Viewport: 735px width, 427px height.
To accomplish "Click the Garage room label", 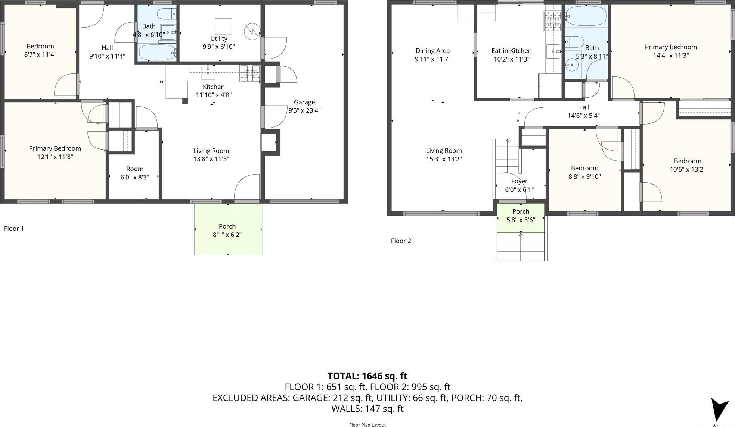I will [304, 102].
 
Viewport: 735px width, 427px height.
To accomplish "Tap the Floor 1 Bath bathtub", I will [157, 52].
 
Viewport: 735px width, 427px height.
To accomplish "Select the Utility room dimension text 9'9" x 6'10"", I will [218, 47].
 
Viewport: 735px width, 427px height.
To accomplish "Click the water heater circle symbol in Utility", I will [252, 31].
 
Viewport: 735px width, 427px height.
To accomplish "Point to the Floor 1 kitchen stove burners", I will [250, 73].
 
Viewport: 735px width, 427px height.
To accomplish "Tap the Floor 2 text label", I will [401, 241].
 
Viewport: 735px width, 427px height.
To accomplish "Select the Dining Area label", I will [432, 51].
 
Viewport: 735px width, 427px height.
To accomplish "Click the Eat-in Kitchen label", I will [511, 51].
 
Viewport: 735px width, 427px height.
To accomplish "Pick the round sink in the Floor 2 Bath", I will [571, 65].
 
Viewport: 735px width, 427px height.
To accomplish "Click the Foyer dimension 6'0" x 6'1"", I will [519, 189].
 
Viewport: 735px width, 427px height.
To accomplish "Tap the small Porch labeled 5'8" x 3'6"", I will [521, 216].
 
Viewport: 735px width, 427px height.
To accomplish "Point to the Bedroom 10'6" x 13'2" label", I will [687, 161].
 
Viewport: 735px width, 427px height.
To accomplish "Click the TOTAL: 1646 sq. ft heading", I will [367, 376].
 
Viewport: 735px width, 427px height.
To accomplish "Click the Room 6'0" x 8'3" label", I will [134, 169].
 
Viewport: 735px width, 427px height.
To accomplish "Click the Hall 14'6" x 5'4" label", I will [583, 107].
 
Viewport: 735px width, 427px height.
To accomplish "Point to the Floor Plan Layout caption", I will [367, 424].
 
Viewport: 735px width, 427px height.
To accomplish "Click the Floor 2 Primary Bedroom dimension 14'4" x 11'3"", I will [670, 56].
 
